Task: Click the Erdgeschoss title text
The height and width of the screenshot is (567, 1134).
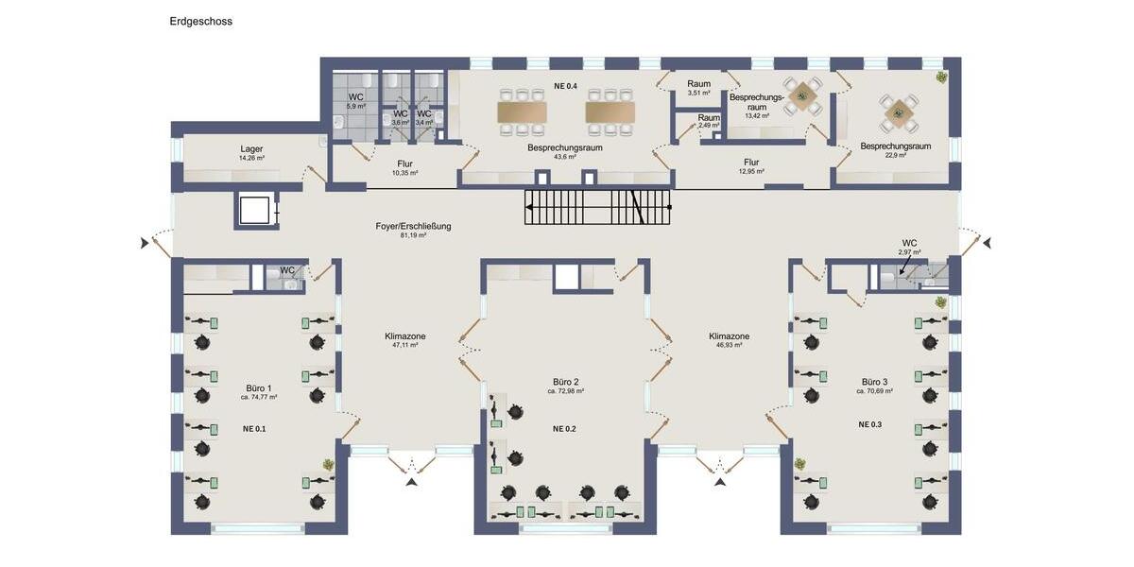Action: coord(200,21)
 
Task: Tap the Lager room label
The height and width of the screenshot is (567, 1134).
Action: coord(251,149)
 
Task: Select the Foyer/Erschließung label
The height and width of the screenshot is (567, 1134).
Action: coord(413,227)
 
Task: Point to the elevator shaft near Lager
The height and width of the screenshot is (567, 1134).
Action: coord(255,210)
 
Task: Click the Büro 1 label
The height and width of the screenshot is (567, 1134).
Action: coord(258,388)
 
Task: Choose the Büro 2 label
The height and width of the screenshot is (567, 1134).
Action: coord(566,382)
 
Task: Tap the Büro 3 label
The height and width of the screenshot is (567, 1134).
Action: coord(874,382)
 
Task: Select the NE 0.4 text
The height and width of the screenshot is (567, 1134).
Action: coord(565,87)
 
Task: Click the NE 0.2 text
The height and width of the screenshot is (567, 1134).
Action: coord(564,428)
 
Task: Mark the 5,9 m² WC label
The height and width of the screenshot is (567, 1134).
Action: coord(356,97)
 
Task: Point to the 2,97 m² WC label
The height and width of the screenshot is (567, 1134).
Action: coord(909,243)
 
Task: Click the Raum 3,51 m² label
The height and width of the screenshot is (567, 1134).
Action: coord(698,84)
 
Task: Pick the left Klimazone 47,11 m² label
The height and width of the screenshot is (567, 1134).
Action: coord(405,336)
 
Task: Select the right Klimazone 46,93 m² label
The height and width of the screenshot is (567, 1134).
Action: coord(729,336)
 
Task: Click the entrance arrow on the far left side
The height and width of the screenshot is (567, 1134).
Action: coord(146,244)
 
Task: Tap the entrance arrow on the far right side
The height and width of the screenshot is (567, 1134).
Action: coord(987,244)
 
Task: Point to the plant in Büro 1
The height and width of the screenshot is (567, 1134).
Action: coord(328,464)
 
